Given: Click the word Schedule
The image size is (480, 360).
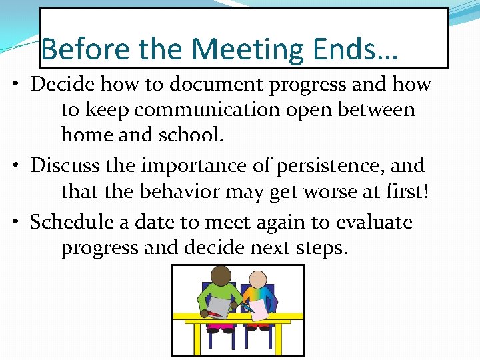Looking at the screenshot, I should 71,221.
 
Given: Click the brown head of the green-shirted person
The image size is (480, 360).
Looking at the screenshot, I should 221,275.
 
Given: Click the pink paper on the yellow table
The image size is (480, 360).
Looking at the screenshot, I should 259,309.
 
